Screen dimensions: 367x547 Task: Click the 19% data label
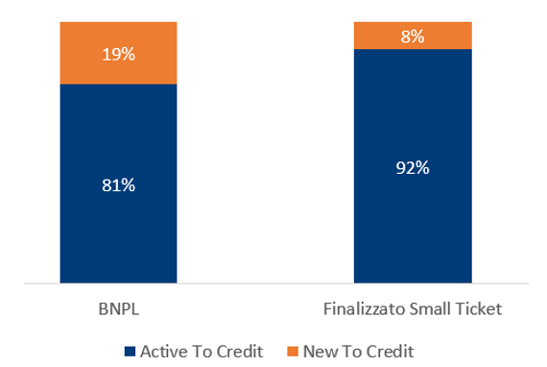tap(118, 54)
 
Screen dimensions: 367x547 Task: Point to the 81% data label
tap(118, 185)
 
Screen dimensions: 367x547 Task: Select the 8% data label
tap(413, 37)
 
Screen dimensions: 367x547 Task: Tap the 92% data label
tap(413, 167)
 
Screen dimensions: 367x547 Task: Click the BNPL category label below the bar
tap(118, 309)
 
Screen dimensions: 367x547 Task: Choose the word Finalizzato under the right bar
tap(363, 309)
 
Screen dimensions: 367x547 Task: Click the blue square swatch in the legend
tap(130, 351)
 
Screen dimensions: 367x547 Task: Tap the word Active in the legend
tap(162, 351)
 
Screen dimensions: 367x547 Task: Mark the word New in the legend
tap(319, 351)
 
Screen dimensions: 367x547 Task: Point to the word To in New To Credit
tap(350, 351)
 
